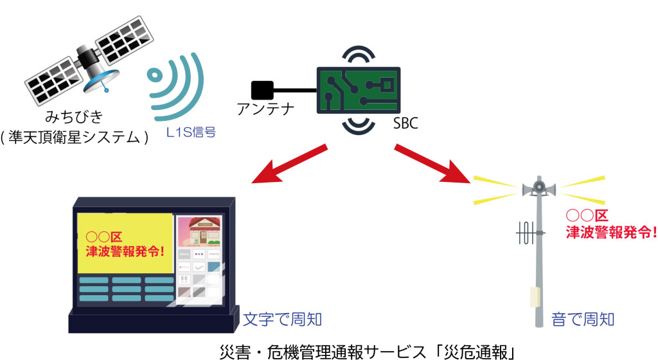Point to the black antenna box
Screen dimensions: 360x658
262,89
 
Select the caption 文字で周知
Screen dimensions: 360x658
281,318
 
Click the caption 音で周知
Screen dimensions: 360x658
583,319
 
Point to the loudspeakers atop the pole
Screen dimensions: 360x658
539,187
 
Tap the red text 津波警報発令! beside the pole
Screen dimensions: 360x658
610,232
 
